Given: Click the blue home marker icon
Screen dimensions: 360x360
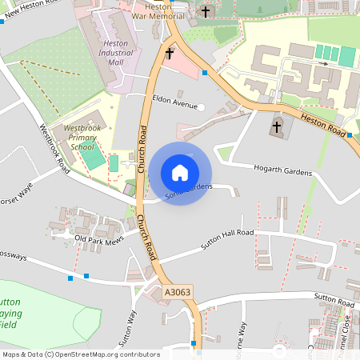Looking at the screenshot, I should click(180, 172).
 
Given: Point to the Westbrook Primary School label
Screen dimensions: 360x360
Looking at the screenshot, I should click(82, 137).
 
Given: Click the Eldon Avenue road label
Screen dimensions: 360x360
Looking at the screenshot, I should click(174, 104).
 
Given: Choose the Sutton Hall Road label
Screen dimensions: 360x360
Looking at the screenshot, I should click(227, 239).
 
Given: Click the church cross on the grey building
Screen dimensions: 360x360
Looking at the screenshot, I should click(278, 126).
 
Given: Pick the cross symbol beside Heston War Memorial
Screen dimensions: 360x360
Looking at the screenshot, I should click(206, 11).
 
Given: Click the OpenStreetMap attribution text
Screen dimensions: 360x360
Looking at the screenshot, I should click(81, 354).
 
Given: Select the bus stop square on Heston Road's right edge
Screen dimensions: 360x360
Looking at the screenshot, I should click(350, 135).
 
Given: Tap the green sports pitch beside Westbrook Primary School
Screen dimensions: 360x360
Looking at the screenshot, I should click(94, 159).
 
